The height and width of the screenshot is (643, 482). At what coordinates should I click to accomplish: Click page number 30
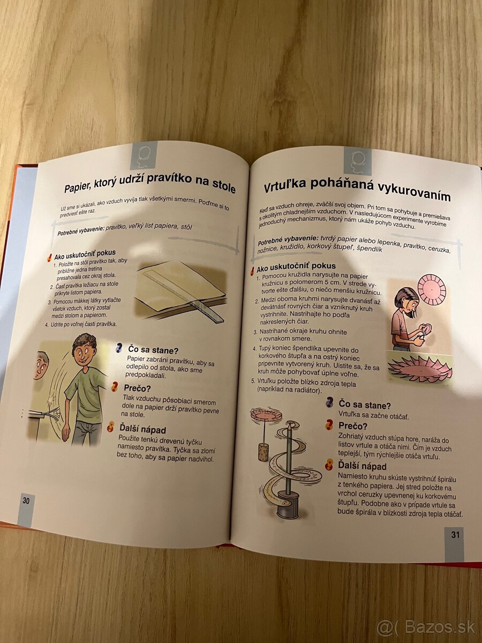26,501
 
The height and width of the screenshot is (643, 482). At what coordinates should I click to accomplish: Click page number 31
455,535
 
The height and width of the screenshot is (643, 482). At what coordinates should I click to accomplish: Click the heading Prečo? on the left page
137,388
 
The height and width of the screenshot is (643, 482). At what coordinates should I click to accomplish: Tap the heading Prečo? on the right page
352,425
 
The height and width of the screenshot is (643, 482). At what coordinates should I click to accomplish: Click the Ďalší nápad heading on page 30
142,429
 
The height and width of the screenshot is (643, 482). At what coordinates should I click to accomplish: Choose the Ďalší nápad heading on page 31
362,466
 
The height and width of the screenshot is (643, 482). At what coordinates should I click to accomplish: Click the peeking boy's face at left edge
41,367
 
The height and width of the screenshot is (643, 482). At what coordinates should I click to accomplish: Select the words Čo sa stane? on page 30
153,350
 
